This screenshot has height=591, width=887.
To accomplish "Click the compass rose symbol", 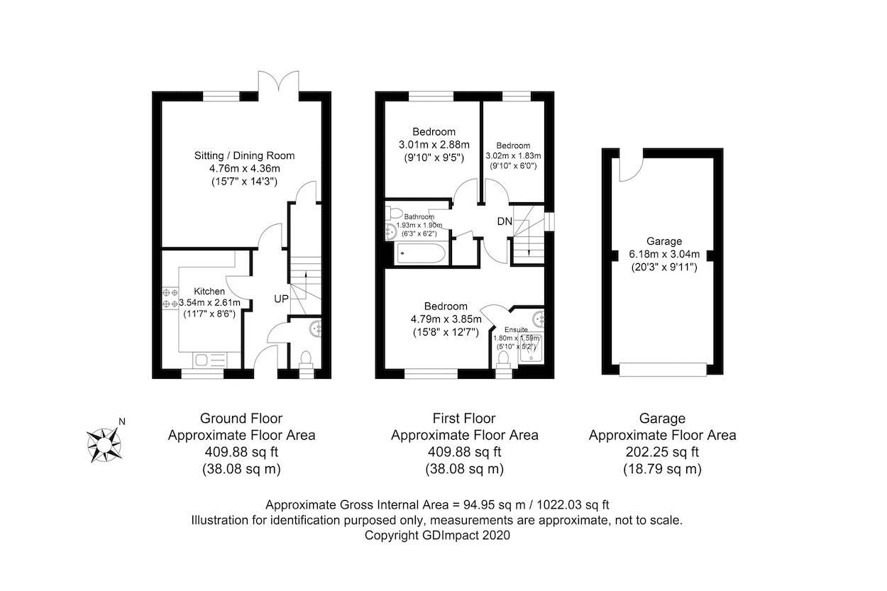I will coord(104,444).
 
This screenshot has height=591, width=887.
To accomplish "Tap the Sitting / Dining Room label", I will coord(244,155).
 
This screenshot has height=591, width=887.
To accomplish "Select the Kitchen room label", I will coord(209,291).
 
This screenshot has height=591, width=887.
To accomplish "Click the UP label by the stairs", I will coord(281,299).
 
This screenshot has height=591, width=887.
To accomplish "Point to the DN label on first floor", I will coord(505,222).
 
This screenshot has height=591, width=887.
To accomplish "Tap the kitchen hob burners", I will coord(170,297).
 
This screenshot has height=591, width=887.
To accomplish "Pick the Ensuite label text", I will coord(516,329).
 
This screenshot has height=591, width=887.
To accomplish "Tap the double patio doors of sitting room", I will coord(280,83).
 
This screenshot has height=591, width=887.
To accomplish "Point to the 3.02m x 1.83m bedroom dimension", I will coord(513,155).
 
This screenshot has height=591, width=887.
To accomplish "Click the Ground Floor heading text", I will coord(241,419).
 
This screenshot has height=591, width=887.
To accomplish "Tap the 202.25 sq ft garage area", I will coord(662,452).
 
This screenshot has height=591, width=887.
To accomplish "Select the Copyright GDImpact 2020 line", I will coord(437,536).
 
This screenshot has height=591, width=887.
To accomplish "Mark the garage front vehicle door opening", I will coord(663,368).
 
